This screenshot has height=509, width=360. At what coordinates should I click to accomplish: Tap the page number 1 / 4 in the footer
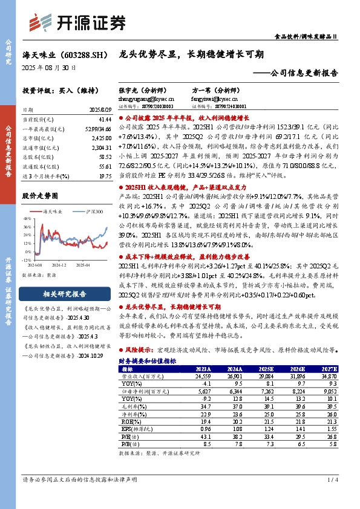(332, 479)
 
